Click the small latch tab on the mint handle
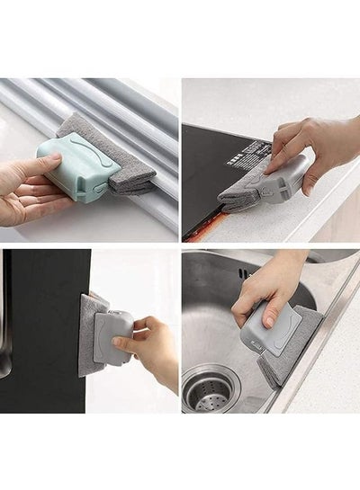coord(95,184)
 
